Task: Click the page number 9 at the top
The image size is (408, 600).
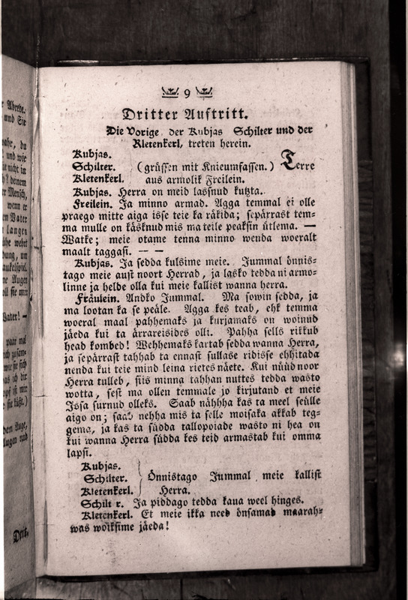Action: point(187,92)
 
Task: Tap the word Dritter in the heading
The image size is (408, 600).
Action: point(149,115)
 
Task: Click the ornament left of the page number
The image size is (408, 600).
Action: point(169,92)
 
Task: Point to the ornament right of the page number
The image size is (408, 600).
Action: point(204,92)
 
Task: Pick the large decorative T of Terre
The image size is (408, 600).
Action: point(287,159)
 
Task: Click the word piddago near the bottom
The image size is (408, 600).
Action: point(159,500)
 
